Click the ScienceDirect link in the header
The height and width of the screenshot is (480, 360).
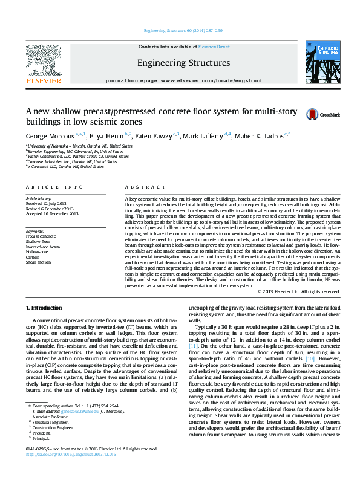pos(214,47)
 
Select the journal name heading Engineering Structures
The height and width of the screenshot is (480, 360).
pos(183,63)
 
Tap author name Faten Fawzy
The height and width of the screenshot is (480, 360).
pos(153,137)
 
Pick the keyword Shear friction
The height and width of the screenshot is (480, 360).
pos(38,262)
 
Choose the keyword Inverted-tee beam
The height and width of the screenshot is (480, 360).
pos(43,247)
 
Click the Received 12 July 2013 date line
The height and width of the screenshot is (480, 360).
pos(47,204)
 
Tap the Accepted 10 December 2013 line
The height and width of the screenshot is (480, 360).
pos(52,213)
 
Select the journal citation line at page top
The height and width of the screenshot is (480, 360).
pos(180,30)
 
